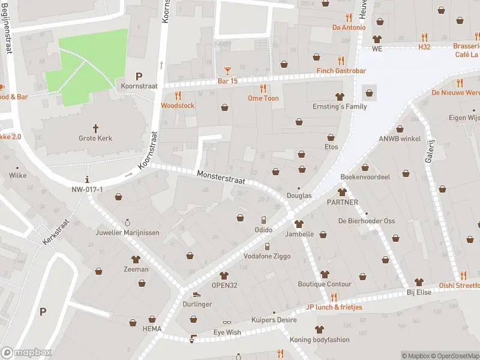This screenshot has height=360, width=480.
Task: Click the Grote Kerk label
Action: pos(95,138)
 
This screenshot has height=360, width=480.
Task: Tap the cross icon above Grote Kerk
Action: pos(95,128)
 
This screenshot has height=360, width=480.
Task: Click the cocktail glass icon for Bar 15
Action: pos(227,71)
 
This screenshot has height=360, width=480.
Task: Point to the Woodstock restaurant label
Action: pos(178,106)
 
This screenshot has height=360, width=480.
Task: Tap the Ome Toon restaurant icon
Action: pos(263,88)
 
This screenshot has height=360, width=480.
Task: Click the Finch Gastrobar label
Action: pos(341,71)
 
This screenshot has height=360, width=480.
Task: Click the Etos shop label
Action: pos(331,147)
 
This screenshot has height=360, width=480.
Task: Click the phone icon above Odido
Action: pos(263,220)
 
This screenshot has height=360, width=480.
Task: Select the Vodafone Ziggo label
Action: pos(267,256)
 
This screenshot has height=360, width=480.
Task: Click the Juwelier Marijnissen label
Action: pos(127,233)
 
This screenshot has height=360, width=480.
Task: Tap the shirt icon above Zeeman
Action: pos(136,259)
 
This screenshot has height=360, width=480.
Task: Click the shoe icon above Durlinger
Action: pos(196,294)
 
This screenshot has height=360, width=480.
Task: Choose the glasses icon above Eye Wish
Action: pos(227,323)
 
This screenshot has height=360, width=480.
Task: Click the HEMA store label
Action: pos(152,329)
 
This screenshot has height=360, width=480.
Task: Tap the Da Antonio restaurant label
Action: pos(349,27)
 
